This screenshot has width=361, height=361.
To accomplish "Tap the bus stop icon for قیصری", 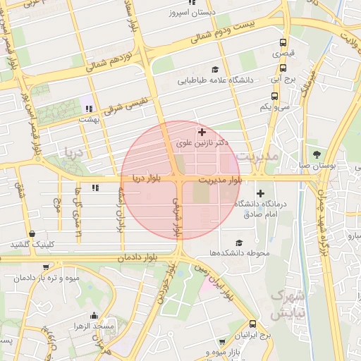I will click(283, 42).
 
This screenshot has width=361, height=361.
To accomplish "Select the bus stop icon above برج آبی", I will click(283, 68).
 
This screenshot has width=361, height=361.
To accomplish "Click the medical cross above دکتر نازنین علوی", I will click(202, 132).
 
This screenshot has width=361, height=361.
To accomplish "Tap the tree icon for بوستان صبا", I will click(317, 154).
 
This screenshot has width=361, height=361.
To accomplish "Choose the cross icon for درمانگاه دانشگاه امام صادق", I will click(261, 193).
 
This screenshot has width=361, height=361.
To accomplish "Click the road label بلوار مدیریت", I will click(219, 180).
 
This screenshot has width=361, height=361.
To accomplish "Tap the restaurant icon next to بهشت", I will click(89, 109).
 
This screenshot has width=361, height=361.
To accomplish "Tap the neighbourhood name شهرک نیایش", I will click(288, 305).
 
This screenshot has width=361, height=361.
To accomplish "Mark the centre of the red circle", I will click(180, 180).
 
